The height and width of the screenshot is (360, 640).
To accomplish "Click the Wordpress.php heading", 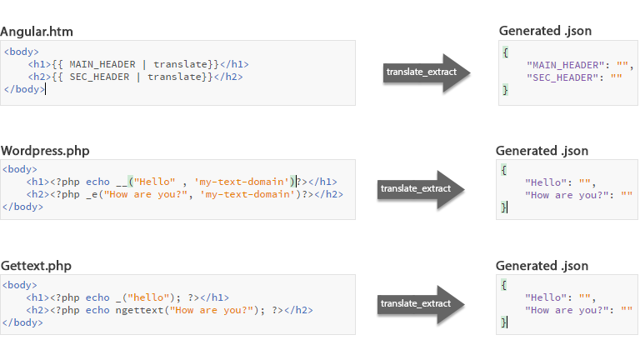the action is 46,151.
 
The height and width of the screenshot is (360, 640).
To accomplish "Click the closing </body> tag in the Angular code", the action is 23,89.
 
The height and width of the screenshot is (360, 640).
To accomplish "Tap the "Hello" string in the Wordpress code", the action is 154,182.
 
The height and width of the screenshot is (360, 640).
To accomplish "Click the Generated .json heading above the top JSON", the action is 546,32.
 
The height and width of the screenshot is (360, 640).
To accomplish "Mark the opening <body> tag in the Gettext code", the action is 20,285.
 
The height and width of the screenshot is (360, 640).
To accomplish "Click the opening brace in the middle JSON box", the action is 505,169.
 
